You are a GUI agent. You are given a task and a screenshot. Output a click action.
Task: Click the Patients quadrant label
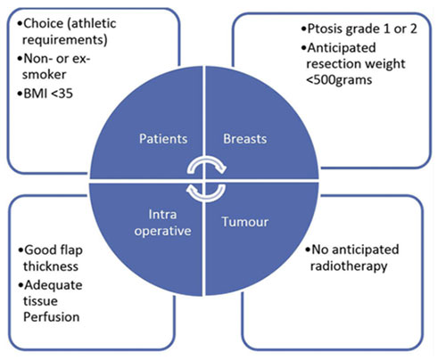pos(163,139)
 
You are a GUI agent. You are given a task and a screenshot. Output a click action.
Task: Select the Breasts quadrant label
pos(245,139)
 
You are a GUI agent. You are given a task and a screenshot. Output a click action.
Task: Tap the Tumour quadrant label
pos(245,222)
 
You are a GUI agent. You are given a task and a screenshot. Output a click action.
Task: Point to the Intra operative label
pos(162,223)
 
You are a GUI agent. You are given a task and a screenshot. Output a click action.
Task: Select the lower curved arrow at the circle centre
pos(206,197)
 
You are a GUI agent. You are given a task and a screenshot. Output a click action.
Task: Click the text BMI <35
pos(48,94)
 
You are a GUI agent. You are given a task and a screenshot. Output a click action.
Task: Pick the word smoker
pos(45,75)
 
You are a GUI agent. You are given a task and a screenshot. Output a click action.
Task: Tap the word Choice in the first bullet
pos(44,23)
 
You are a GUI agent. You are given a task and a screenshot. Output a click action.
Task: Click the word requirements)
pos(65,40)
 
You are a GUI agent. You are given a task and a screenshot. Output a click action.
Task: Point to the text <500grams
pos(339,80)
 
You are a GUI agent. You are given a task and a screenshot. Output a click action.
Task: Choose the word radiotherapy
pos(349,266)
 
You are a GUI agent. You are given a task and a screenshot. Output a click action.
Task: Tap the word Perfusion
pos(52,317)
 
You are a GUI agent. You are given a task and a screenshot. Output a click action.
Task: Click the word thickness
pos(51,266)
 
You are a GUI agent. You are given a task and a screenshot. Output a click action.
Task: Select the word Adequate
pos(54,285)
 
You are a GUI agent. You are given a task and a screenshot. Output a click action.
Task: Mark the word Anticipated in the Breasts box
pos(342,48)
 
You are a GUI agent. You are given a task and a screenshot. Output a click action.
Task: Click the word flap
pos(70,250)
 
